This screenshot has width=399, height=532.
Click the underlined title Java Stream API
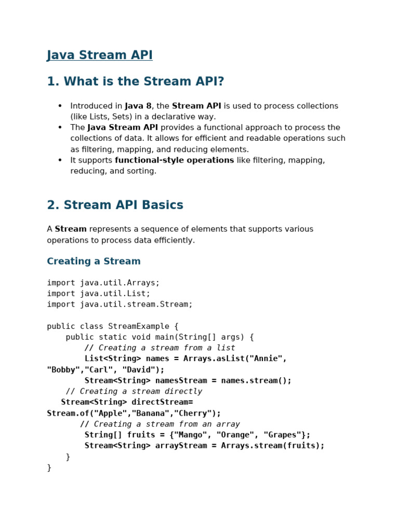point(100,55)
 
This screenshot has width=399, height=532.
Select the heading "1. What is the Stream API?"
point(135,82)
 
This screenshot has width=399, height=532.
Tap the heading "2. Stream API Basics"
point(115,205)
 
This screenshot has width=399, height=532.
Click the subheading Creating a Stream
point(94,261)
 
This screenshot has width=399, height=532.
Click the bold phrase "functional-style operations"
point(174,160)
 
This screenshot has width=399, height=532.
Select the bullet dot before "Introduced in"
point(60,106)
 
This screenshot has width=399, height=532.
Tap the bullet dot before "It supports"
point(60,160)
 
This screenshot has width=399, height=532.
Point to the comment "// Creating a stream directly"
point(134,391)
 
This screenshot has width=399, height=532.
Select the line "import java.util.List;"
point(98,294)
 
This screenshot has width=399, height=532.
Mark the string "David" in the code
point(136,369)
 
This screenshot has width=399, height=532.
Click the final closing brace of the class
point(49,468)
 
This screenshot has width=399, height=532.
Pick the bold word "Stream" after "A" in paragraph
point(71,229)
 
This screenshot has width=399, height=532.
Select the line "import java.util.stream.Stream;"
point(119,304)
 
